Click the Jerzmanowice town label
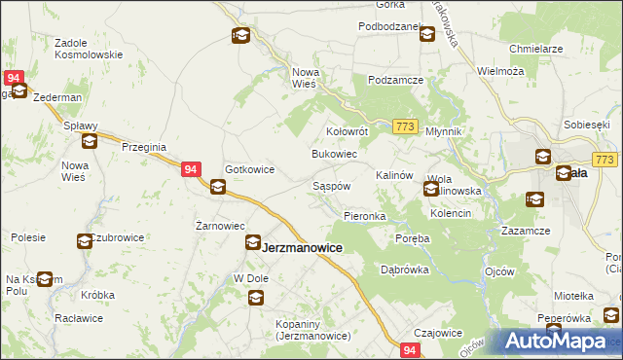point(303,248)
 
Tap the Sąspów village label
point(331,185)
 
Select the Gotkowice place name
point(250,169)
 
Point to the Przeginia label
point(144,147)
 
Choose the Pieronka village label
point(365,215)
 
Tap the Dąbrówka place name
point(404,270)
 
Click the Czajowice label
point(437,332)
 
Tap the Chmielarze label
point(536,48)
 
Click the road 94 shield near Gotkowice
point(192,169)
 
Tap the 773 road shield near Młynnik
point(407,126)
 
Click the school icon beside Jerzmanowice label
point(252,243)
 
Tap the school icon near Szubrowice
point(85,240)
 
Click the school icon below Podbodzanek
point(426,35)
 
